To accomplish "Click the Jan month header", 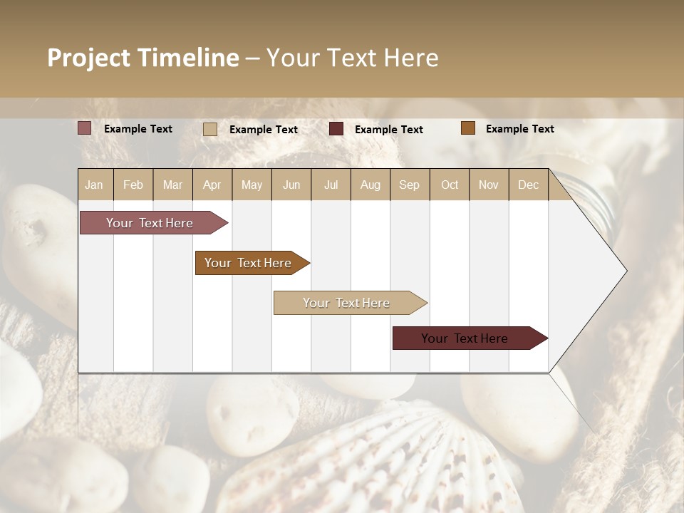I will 94,185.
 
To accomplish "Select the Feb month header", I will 133,185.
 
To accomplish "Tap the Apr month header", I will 212,185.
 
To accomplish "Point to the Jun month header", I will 291,185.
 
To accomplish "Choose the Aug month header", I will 370,185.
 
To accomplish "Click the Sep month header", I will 409,185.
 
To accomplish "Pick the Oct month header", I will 450,185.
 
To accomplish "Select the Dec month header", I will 528,185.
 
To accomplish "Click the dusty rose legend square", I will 85,128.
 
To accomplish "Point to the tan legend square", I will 210,129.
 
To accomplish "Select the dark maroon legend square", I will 336,129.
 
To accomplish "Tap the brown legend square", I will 468,128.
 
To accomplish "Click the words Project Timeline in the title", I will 142,58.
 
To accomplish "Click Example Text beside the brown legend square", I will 519,129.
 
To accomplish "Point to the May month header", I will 252,185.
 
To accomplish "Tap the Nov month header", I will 489,185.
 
